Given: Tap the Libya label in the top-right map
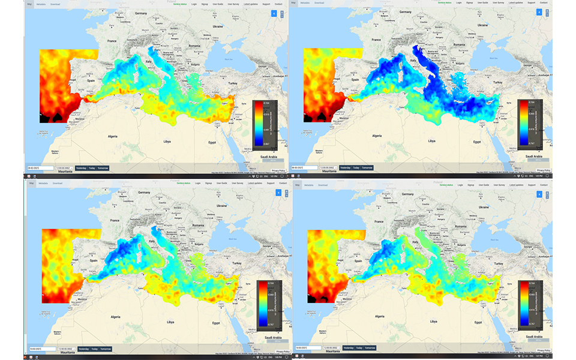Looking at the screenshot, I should [431, 140].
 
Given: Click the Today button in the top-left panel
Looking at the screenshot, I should [91, 168].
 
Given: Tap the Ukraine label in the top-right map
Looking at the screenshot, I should [481, 26].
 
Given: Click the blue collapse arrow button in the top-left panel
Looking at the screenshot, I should [274, 13].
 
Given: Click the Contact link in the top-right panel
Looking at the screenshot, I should [544, 2].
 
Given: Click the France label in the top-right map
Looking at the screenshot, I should [376, 40].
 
